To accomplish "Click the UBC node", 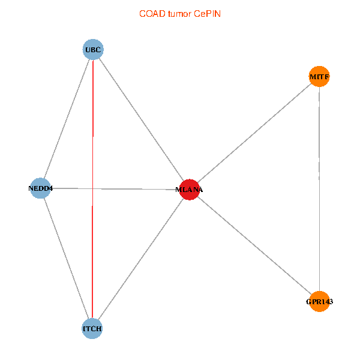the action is pos(93,49).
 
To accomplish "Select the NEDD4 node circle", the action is pos(40,188).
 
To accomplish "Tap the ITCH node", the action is pos(92,329).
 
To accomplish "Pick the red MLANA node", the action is pos(190,190).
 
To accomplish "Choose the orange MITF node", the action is pos(319,76).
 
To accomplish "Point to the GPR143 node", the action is pos(319,301).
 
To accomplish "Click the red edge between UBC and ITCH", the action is pos(92,189).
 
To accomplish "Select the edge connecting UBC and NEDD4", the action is pos(67,119).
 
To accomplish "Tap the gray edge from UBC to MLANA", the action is pos(141,119).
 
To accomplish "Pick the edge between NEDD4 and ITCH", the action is pos(66,258).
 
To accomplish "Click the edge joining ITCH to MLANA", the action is pos(141,259).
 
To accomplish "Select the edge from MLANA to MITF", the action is pos(254,133).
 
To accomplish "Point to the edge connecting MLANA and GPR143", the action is pos(254,245).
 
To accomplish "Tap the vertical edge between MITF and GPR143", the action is pos(319,189).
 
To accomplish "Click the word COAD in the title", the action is pos(152,14).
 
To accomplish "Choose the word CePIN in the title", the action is pos(208,14).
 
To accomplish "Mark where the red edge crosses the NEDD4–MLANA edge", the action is pos(92,189).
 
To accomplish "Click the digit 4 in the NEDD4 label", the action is pos(51,188).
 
